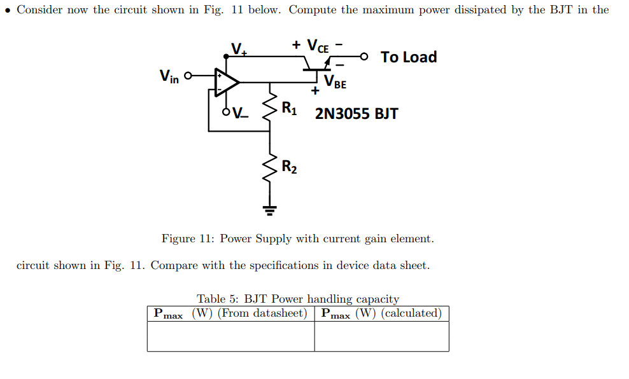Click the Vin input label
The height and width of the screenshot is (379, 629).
point(169,77)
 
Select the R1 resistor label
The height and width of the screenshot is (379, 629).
point(289,108)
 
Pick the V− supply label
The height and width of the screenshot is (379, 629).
point(241,114)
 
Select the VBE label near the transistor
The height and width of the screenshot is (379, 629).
point(335,81)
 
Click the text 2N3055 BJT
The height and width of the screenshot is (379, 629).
point(357,114)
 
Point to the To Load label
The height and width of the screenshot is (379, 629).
point(409,57)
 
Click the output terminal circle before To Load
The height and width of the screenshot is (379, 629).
point(364,57)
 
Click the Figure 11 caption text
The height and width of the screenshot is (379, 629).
point(297,238)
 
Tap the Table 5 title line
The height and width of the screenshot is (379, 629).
point(298,299)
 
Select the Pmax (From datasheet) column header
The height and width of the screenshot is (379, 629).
point(230,314)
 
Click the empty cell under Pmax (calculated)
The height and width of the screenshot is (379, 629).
point(381,336)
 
